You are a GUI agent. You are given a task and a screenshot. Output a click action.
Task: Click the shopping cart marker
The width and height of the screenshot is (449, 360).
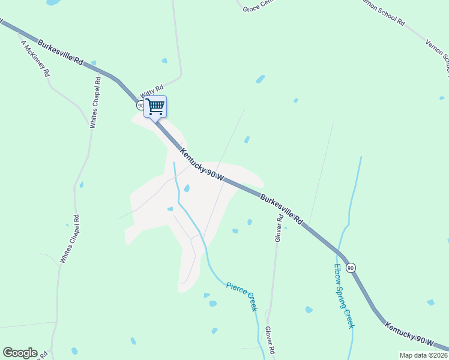pyautogui.click(x=155, y=107)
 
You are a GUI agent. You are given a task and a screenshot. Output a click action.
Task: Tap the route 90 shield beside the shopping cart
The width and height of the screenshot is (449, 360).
pyautogui.click(x=140, y=106)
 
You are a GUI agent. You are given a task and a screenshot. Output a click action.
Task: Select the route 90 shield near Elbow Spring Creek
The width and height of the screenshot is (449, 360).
pyautogui.click(x=351, y=268)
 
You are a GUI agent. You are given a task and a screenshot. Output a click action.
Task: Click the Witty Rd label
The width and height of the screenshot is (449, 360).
pyautogui.click(x=151, y=91)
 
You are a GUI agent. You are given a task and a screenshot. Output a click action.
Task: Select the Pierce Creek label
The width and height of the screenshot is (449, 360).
pyautogui.click(x=241, y=296)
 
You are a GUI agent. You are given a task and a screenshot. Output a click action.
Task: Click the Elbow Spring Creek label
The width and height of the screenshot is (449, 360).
pyautogui.click(x=343, y=296)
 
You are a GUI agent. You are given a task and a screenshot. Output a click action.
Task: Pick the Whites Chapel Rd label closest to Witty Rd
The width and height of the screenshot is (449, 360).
pyautogui.click(x=95, y=102)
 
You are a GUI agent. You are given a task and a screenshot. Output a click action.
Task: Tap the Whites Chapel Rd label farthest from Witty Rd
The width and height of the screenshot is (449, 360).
pyautogui.click(x=69, y=239)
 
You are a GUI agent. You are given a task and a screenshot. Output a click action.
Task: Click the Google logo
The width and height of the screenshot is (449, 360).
pyautogui.click(x=20, y=353)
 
